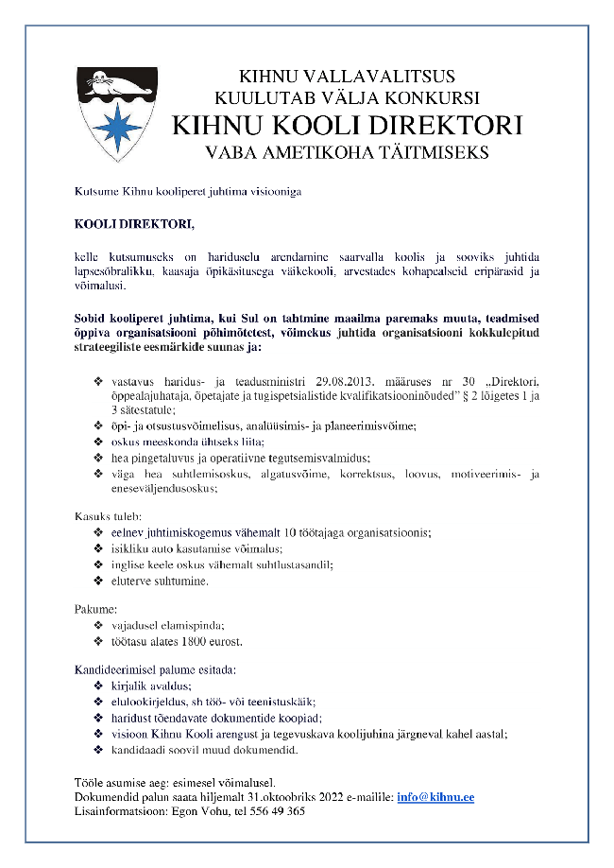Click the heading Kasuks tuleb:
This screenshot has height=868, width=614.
tap(109, 516)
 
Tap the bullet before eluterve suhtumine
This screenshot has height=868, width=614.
tap(99, 581)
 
